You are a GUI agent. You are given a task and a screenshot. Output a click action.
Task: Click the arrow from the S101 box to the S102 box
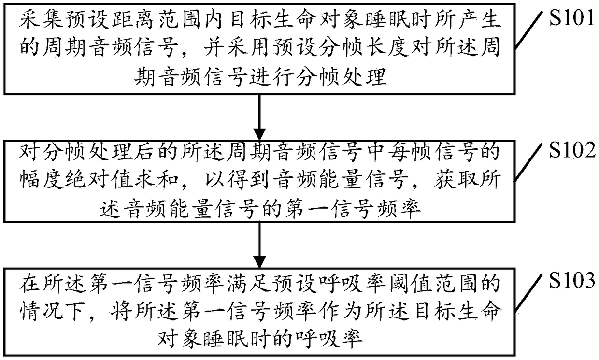pos(260,116)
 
